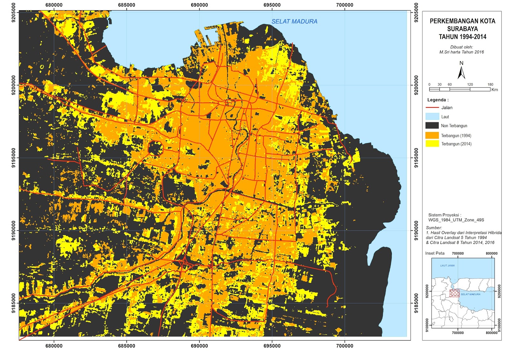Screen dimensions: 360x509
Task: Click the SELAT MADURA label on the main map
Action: click(x=294, y=21)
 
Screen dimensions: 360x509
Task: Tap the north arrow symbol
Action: click(x=461, y=72)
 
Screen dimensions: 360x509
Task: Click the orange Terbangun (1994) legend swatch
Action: click(x=432, y=135)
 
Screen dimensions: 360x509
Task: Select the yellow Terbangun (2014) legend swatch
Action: click(x=432, y=144)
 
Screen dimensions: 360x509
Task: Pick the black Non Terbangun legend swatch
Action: click(x=432, y=126)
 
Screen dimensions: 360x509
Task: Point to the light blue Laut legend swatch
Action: click(x=432, y=116)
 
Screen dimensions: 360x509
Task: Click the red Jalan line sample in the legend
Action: click(x=432, y=108)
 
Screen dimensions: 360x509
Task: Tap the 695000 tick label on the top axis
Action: click(x=272, y=5)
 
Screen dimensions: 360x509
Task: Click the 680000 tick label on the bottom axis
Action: click(x=54, y=346)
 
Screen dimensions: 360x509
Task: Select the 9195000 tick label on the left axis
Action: click(x=13, y=158)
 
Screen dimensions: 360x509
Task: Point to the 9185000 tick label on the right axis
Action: click(x=416, y=303)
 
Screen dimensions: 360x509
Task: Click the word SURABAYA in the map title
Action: click(x=462, y=29)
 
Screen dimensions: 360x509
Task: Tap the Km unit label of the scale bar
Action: click(x=494, y=90)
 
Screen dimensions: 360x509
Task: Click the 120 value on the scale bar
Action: click(x=470, y=85)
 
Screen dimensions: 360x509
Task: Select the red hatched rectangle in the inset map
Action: click(x=454, y=293)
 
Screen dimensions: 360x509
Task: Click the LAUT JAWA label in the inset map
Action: click(x=447, y=266)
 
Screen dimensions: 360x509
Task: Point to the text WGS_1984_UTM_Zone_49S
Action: click(x=456, y=220)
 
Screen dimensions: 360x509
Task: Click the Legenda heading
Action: click(x=438, y=100)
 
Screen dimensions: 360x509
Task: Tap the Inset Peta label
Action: click(x=435, y=253)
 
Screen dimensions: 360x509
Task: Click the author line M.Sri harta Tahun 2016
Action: click(x=461, y=52)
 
